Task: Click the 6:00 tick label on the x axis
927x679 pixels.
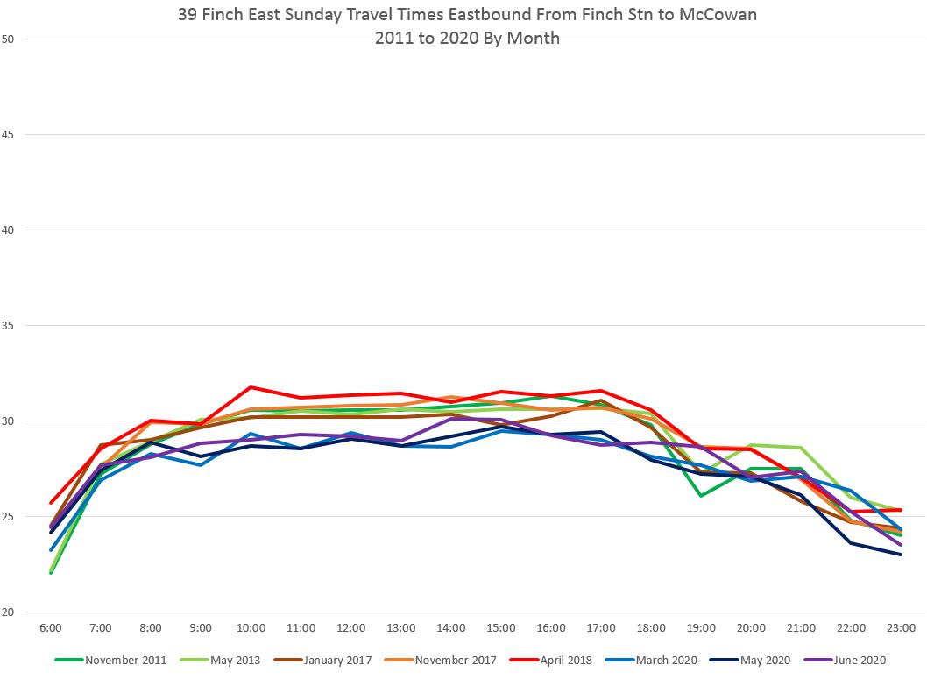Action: (x=51, y=628)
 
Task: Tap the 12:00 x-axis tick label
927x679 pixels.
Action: (x=351, y=628)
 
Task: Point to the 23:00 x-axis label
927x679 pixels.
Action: (x=902, y=628)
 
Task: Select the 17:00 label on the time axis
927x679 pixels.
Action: (x=601, y=628)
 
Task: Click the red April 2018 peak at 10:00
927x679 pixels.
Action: (x=251, y=386)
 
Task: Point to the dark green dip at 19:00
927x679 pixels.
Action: (x=701, y=496)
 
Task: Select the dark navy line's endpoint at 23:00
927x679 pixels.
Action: (x=902, y=555)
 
